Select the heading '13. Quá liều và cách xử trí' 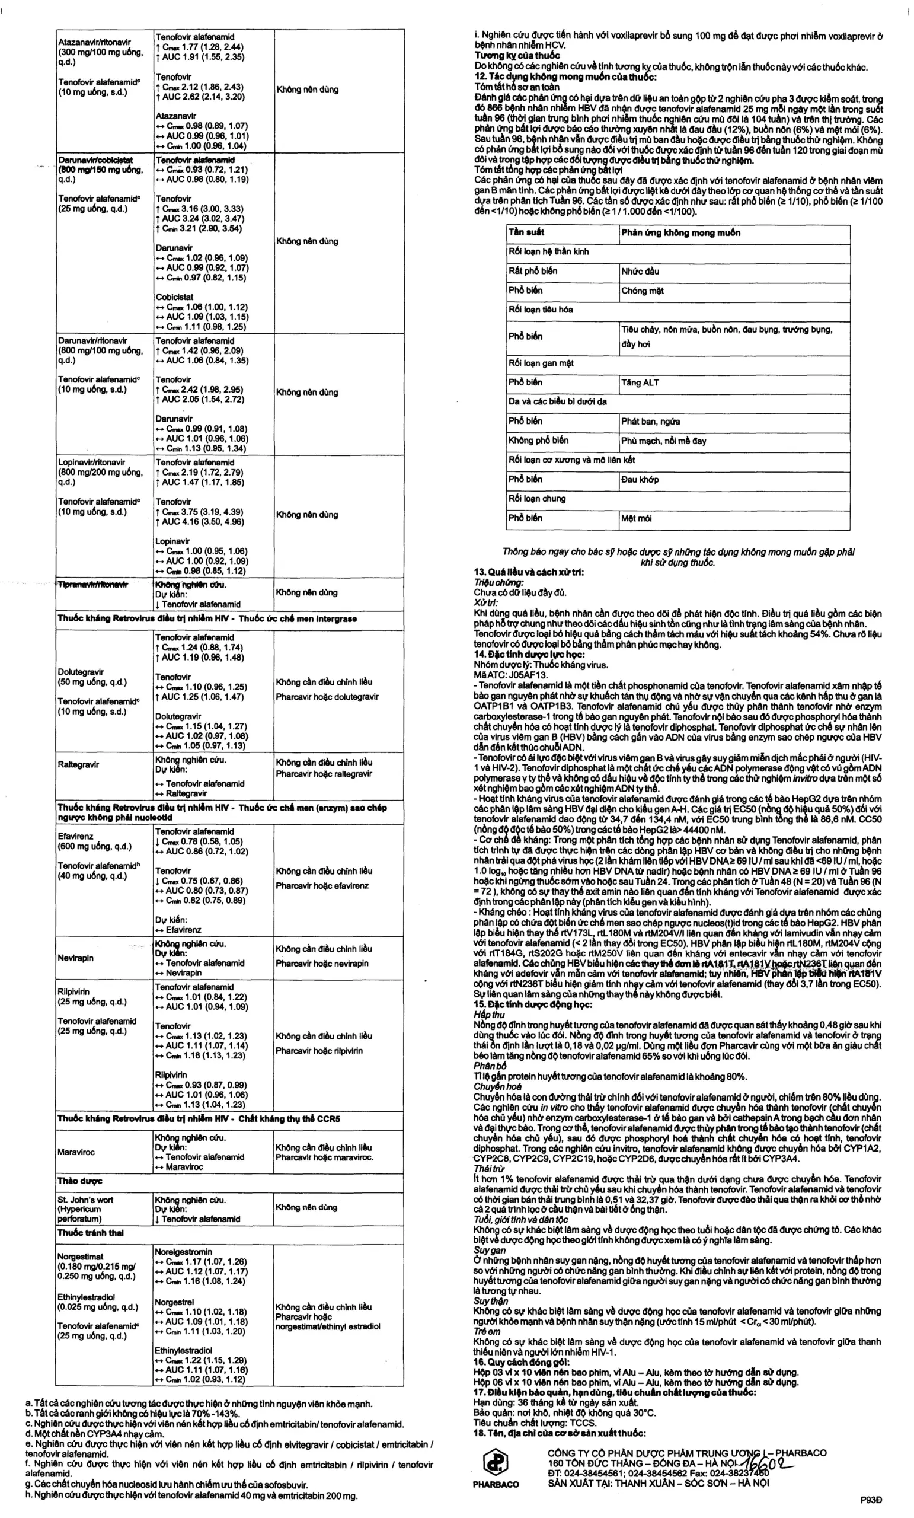(529, 572)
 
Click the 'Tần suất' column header (526, 233)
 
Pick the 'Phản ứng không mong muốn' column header (680, 233)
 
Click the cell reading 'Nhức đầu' (640, 271)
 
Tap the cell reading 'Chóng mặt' (643, 291)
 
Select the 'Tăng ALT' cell (640, 382)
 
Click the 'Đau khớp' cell (640, 479)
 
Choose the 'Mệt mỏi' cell (636, 518)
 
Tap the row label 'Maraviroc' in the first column (76, 1152)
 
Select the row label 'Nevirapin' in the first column (76, 958)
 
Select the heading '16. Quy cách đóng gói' (522, 1362)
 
